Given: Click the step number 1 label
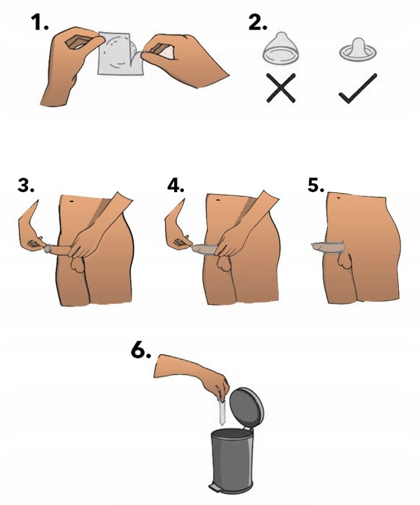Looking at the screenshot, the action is point(39,22).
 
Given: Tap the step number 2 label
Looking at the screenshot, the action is point(258,22).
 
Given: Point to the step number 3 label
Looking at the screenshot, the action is point(26,185).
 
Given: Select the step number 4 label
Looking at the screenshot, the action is point(176,185).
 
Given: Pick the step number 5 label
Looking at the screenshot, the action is point(316,185).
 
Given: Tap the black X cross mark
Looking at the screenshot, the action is point(281,88).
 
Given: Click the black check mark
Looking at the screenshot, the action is point(357,88).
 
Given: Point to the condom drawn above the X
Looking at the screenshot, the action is point(281,48).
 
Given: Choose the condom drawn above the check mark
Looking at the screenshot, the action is point(357,50).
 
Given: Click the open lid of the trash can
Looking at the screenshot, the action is point(246,408).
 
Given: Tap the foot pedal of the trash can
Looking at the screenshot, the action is point(214,487).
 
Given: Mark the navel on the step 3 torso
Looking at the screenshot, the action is point(71,201).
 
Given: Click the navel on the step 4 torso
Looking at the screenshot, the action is point(218,201).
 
